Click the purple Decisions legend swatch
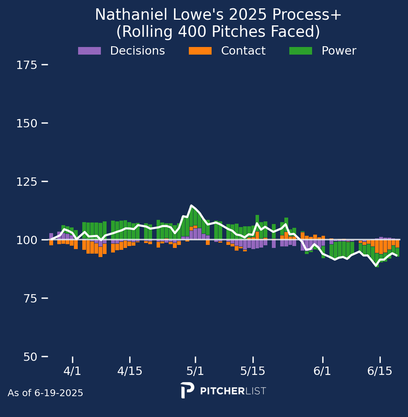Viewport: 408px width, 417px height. (x=89, y=51)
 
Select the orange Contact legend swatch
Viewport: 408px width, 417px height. (x=200, y=51)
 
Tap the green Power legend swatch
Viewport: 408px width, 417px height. (x=301, y=51)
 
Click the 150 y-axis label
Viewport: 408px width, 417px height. (x=27, y=124)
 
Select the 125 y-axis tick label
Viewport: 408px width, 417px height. (x=27, y=182)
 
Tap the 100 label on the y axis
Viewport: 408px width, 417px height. (x=27, y=240)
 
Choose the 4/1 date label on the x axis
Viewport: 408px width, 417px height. (x=72, y=371)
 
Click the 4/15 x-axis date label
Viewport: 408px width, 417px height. (x=130, y=371)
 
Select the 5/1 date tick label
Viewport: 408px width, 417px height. (x=195, y=371)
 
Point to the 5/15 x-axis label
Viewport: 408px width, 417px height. (x=253, y=371)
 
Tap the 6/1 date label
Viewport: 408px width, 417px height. (x=323, y=371)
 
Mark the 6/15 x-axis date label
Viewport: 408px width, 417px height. (x=380, y=371)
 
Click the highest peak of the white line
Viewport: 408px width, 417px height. (x=191, y=205)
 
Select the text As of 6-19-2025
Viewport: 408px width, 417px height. (x=46, y=393)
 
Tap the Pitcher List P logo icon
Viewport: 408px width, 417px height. (x=187, y=390)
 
